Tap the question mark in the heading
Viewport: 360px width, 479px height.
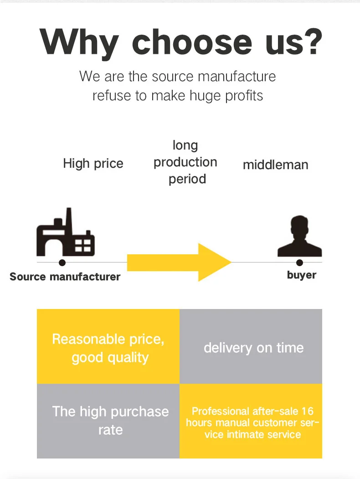pyautogui.click(x=310, y=41)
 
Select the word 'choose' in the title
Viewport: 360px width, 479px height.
pyautogui.click(x=191, y=42)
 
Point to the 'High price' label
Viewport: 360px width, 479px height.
pyautogui.click(x=93, y=164)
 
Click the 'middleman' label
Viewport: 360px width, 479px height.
pyautogui.click(x=275, y=165)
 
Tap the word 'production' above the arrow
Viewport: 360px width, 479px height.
pyautogui.click(x=185, y=162)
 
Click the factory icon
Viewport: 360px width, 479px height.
pyautogui.click(x=65, y=235)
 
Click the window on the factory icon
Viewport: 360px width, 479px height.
pyautogui.click(x=83, y=246)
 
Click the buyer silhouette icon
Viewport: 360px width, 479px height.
pyautogui.click(x=299, y=237)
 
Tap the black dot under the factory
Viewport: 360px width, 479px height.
pyautogui.click(x=62, y=263)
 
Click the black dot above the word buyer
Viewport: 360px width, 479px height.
pyautogui.click(x=299, y=263)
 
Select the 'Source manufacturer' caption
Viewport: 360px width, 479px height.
pyautogui.click(x=65, y=277)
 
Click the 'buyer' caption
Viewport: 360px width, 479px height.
pyautogui.click(x=301, y=275)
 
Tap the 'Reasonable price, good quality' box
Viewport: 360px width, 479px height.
pyautogui.click(x=108, y=346)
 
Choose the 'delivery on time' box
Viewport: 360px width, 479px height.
pyautogui.click(x=251, y=346)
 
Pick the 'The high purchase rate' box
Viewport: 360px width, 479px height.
pyautogui.click(x=108, y=421)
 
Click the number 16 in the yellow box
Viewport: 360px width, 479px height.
pyautogui.click(x=307, y=411)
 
